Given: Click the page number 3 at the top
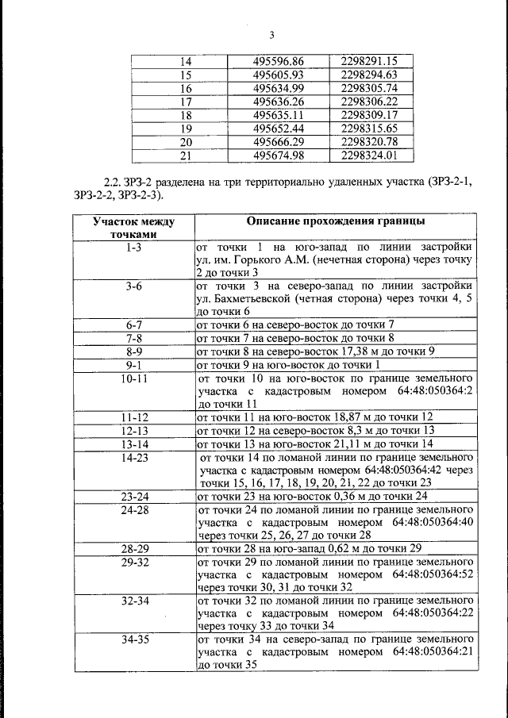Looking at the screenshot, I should point(271,34).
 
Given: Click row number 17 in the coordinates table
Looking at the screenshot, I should point(187,102).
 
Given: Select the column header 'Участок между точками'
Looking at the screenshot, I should point(132,228).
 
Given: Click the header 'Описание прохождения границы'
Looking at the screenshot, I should point(335,221).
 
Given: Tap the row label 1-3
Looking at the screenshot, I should point(132,248).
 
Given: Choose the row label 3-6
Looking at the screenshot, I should point(132,286).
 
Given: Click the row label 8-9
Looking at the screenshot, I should point(132,351).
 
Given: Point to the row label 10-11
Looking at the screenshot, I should point(132,378).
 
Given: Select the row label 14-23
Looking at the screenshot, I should point(132,458).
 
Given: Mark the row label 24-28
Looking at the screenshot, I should point(132,509).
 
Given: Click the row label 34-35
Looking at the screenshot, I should point(132,638).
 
